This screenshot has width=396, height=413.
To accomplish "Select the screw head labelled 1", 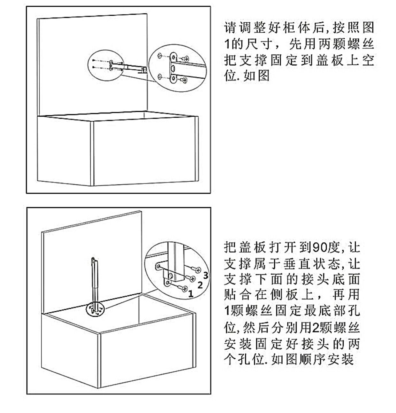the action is [185, 288].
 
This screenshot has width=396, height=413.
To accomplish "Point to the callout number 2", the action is [200, 284].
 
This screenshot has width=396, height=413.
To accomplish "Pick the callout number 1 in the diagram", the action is [191, 293].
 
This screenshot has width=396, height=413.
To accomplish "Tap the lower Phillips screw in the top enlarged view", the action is [184, 80].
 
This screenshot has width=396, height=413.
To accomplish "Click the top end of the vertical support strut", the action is [93, 259].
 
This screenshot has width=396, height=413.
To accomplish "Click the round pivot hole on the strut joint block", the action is [171, 275].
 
